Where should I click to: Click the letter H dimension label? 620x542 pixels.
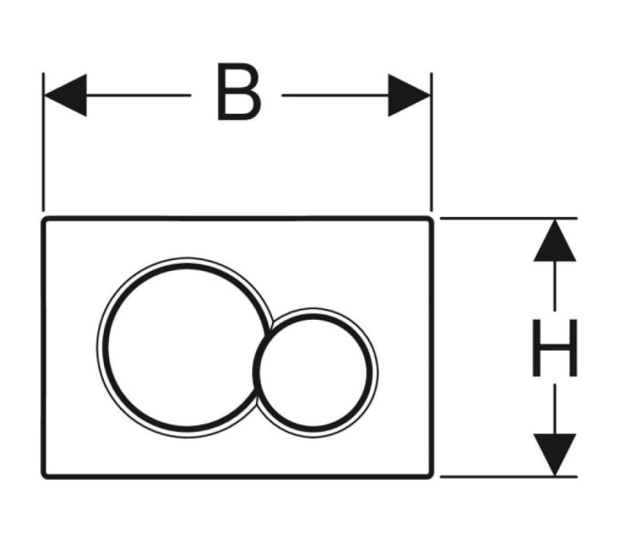(555, 347)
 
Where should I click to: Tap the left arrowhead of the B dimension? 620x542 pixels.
(65, 95)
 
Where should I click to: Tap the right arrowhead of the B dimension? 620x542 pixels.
(409, 95)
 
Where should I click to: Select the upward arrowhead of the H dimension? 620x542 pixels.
(554, 240)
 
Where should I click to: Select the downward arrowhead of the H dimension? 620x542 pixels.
(554, 455)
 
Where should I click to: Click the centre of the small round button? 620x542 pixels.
(315, 372)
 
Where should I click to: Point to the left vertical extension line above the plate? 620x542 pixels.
(43, 142)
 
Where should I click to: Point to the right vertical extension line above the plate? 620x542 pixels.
(432, 142)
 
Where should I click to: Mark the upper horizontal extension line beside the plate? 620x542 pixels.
(508, 218)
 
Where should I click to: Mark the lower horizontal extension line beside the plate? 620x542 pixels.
(508, 477)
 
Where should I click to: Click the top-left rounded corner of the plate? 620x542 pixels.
(43, 219)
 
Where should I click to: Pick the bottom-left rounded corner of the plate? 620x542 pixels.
(43, 476)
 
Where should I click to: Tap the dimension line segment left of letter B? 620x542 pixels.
(139, 95)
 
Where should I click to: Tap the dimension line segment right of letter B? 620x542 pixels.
(336, 95)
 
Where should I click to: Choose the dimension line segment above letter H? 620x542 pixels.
(554, 286)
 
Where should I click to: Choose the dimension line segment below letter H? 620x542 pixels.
(554, 410)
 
